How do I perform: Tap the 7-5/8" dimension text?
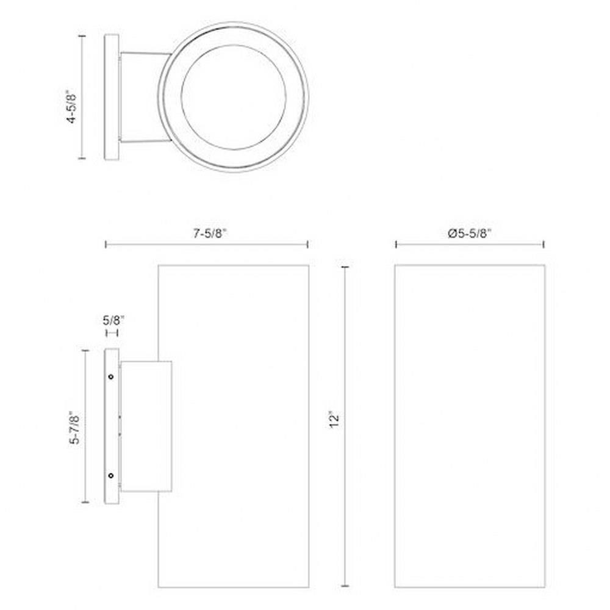pyautogui.click(x=210, y=234)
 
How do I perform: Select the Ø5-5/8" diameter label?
pyautogui.click(x=470, y=234)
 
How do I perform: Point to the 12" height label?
pyautogui.click(x=334, y=420)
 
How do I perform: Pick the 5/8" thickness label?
pyautogui.click(x=113, y=321)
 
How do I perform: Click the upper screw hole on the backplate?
pyautogui.click(x=111, y=376)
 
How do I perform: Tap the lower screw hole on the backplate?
pyautogui.click(x=111, y=475)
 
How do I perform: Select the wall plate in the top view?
pyautogui.click(x=112, y=97)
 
